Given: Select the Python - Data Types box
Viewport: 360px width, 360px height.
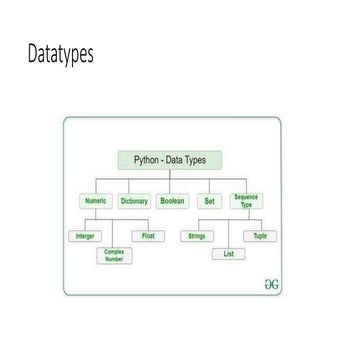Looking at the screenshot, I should [x=170, y=159].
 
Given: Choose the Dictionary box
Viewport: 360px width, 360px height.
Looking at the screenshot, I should [x=134, y=200].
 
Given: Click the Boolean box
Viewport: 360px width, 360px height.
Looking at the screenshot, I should [x=172, y=200].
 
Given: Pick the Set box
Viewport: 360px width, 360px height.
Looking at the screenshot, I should [x=209, y=200].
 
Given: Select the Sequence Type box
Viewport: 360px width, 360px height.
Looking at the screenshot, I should [x=246, y=200].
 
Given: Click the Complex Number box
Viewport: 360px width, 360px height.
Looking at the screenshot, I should [x=114, y=256].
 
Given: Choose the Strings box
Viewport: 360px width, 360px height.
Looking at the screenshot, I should [x=196, y=236].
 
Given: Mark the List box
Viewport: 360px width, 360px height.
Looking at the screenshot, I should [x=229, y=254].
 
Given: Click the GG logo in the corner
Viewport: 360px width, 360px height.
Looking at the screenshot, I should [x=267, y=283].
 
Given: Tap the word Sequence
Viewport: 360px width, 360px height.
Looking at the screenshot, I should [x=246, y=197].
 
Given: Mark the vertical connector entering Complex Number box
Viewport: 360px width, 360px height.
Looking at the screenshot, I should [x=114, y=235].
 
